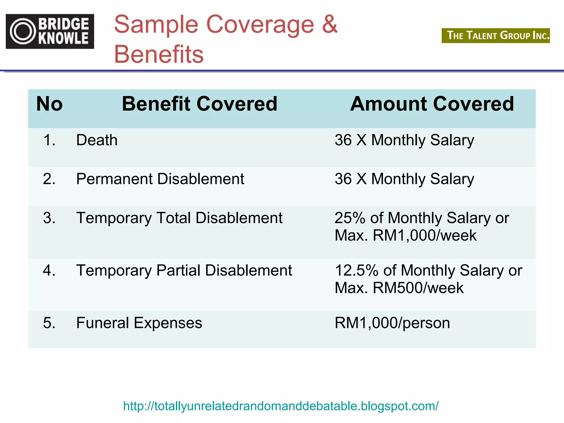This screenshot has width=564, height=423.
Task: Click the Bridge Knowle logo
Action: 50,31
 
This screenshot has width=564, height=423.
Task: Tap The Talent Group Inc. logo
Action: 495,36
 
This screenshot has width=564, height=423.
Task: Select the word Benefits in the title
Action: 159,54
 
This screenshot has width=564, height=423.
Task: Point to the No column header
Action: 50,104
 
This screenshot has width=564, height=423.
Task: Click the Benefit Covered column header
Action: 199,104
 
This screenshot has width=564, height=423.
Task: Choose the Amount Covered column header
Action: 432,104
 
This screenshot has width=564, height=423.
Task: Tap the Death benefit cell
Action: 97,140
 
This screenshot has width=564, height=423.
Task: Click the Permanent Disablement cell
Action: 160,179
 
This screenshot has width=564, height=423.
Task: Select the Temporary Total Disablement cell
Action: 179,218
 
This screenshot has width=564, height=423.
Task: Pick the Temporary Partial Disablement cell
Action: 184,270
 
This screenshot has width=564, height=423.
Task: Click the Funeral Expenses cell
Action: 139,323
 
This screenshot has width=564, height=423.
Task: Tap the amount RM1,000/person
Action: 392,323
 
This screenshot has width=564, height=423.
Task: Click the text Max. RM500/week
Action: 399,288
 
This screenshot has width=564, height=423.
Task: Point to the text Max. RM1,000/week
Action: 405,235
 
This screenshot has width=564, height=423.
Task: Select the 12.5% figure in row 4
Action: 357,270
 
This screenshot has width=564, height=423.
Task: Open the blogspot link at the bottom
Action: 281,406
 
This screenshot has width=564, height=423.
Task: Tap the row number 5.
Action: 49,323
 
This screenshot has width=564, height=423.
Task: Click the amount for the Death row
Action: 404,140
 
